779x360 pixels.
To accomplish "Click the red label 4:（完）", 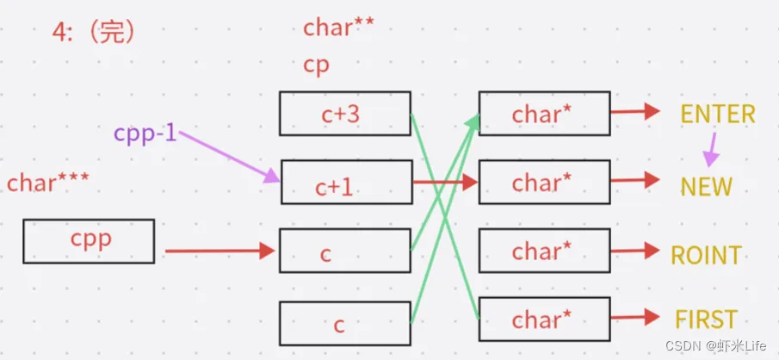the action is (94, 32).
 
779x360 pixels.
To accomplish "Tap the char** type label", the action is (338, 28).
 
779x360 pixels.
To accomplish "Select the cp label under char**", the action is (316, 65).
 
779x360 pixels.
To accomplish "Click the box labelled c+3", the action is (345, 114).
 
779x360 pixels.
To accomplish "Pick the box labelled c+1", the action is (345, 183).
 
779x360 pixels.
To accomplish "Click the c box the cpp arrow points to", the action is (345, 252).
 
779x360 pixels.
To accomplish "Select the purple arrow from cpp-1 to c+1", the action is (228, 158).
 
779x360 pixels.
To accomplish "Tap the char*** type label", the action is (48, 183).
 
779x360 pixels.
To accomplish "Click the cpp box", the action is (89, 240).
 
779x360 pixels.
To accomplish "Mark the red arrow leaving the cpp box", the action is (219, 251).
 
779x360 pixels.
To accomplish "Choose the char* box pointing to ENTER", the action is (544, 114).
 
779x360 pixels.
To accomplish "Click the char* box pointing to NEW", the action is (544, 183).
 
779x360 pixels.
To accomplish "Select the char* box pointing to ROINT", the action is (544, 251).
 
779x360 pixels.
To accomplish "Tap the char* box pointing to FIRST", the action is (544, 320).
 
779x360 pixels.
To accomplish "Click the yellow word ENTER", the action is (718, 114).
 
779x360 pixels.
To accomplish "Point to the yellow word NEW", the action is (706, 186).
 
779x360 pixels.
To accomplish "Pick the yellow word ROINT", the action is (706, 254).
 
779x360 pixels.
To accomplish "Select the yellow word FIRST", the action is (706, 320).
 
